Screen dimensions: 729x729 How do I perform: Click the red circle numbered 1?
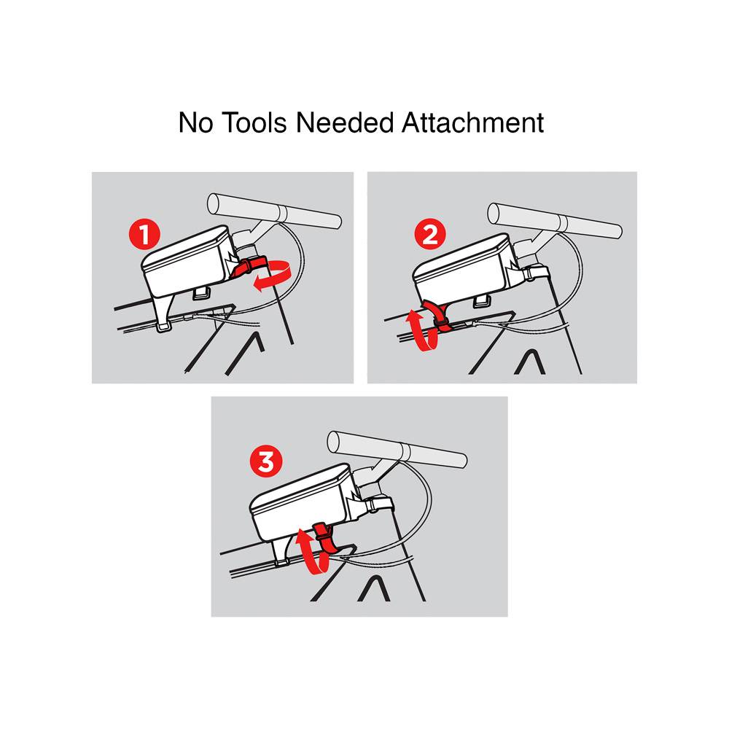coord(144,235)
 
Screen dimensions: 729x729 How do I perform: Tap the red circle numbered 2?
coord(430,235)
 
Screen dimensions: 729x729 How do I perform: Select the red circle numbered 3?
coord(266,462)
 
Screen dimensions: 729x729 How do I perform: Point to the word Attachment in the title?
coord(473,122)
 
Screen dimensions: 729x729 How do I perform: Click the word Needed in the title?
coord(345,122)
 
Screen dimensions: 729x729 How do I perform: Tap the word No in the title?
coord(195,122)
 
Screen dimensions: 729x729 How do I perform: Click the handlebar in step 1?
coord(274,211)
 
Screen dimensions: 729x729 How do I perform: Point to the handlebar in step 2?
coord(555,221)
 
